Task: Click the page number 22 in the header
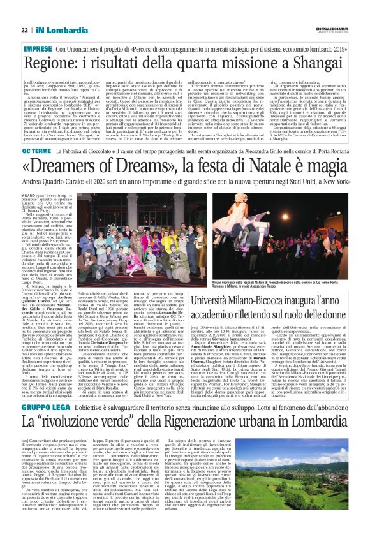[x=24, y=30]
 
